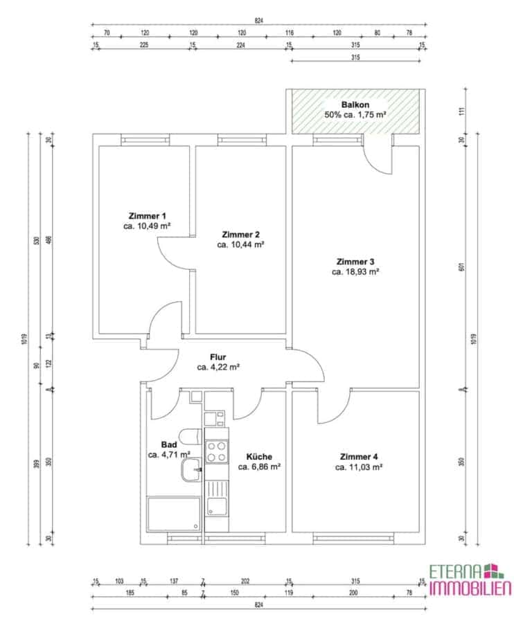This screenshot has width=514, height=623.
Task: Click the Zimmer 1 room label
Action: pyautogui.click(x=147, y=216)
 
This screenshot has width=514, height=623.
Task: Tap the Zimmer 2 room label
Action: pyautogui.click(x=240, y=235)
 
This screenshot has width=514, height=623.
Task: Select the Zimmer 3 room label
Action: pyautogui.click(x=355, y=262)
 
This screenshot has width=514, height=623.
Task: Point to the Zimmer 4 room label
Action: pyautogui.click(x=359, y=457)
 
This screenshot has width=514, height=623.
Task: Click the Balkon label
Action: pyautogui.click(x=355, y=105)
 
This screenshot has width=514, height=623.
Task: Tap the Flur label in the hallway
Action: pyautogui.click(x=218, y=357)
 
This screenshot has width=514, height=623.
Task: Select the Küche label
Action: pyautogui.click(x=259, y=457)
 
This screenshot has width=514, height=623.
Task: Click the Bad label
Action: pyautogui.click(x=169, y=444)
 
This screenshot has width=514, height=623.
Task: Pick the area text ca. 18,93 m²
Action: pyautogui.click(x=355, y=272)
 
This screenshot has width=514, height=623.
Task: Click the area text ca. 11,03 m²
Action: pyautogui.click(x=359, y=467)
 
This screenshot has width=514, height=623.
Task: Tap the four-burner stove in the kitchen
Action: pyautogui.click(x=217, y=452)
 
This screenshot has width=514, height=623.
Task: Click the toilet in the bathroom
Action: pyautogui.click(x=190, y=436)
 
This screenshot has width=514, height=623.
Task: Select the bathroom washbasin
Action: pyautogui.click(x=191, y=469)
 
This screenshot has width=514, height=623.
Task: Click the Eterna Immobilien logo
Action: pyautogui.click(x=470, y=581)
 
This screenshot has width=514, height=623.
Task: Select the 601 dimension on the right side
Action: pyautogui.click(x=461, y=267)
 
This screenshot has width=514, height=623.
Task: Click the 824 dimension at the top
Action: pyautogui.click(x=259, y=20)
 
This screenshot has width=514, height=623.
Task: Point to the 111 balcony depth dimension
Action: pyautogui.click(x=461, y=111)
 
